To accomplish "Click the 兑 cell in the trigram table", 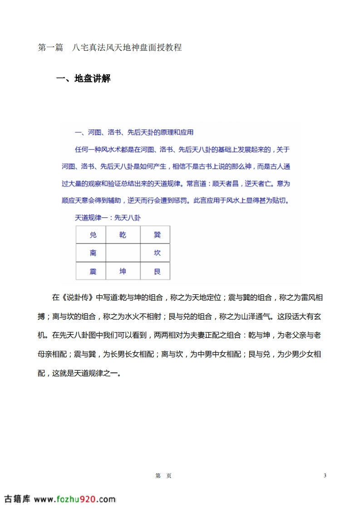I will click(93, 235).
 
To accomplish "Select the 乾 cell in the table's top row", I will click(123, 235).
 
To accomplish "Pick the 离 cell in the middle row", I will click(93, 253).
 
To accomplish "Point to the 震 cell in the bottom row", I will click(93, 271).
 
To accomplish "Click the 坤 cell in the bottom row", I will click(123, 271).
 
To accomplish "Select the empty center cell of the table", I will click(123, 253).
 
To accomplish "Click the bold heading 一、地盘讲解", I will click(83, 78).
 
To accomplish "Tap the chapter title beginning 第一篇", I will click(109, 48).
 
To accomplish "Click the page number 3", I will click(325, 475).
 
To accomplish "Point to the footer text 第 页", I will click(163, 476).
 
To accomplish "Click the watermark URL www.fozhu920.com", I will click(75, 499).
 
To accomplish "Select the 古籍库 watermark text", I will click(17, 499).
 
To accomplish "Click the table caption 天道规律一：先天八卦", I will click(108, 218).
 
